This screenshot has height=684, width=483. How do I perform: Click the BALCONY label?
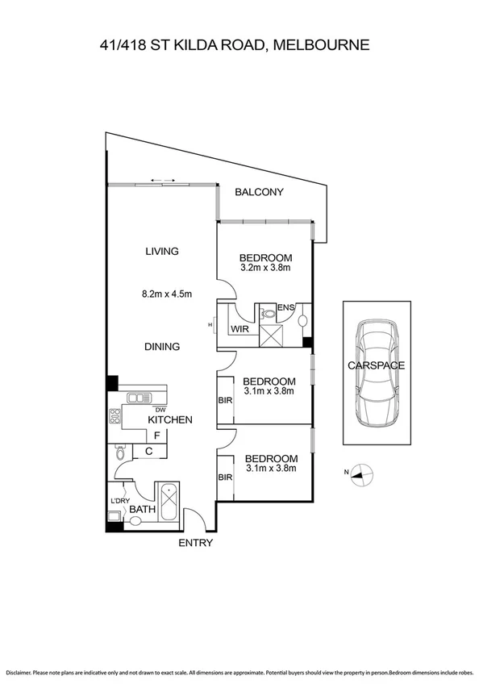coord(259,192)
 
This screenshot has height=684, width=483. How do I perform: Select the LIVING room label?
coord(161,251)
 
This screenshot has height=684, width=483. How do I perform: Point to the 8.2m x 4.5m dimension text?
coord(168,294)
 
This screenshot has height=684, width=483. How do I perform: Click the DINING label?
coord(161,347)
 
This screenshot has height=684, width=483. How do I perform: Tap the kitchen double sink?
coord(138,397)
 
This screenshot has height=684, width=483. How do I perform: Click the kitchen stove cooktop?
coord(115,418)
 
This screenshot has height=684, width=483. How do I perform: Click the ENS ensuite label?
coord(285,308)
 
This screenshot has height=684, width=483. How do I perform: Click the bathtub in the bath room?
coord(169,503)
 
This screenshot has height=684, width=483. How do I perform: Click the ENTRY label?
coord(196,543)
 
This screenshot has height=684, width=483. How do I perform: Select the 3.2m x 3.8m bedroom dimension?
coord(264,268)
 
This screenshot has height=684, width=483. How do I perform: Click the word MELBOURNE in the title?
coord(322,45)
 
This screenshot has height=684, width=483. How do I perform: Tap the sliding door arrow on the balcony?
coord(162,179)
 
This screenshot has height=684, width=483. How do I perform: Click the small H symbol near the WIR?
coord(210,324)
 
